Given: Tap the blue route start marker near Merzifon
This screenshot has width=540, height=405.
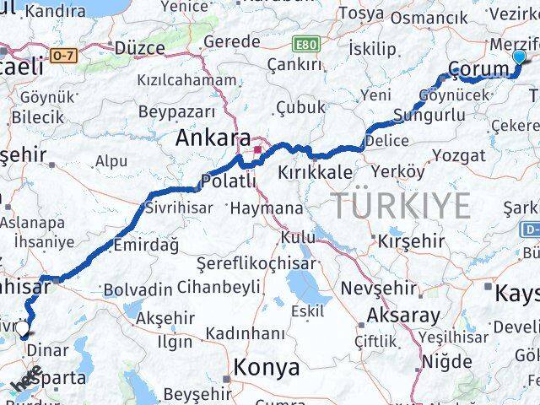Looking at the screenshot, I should pos(519,57).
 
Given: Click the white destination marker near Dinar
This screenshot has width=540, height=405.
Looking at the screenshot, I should pos(23,330).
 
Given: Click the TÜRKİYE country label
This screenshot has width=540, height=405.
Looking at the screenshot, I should pos(400,206).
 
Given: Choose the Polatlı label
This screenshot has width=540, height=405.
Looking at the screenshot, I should pos(227,181).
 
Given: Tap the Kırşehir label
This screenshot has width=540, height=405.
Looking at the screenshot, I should pos(411,241).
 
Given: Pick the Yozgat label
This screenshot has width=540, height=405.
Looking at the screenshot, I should pos(460,154).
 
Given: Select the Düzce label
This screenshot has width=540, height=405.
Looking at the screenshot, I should pos(139,47).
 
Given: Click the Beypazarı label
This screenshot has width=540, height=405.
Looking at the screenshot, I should pos(176,111).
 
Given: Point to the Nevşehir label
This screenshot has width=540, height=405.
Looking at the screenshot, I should pos(374,288).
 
